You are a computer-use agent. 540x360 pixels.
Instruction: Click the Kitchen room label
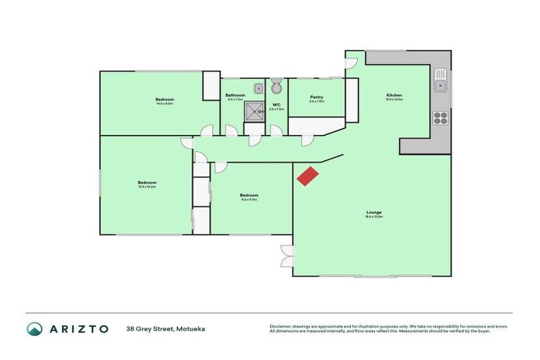394,95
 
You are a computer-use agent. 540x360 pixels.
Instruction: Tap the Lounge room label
373,212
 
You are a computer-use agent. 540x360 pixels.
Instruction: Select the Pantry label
316,97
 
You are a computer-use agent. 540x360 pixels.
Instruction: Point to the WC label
276,105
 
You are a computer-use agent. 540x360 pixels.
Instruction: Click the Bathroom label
235,95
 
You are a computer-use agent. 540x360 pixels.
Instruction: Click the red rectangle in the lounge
307,176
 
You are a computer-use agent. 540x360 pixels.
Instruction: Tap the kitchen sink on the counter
440,79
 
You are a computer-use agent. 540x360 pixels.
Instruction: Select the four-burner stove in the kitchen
441,117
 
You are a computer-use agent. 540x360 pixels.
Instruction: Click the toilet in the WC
276,87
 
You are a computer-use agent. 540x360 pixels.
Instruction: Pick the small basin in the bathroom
259,89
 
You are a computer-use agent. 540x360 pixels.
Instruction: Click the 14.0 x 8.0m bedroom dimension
165,104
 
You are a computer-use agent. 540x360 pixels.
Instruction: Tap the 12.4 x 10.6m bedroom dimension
147,187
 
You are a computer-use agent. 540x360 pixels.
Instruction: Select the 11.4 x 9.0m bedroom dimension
249,200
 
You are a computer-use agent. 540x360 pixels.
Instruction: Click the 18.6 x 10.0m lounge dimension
373,217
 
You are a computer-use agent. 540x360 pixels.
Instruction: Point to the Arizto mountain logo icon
34,328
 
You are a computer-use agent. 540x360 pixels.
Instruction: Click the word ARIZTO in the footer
79,328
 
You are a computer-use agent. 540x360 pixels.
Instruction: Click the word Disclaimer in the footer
281,326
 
